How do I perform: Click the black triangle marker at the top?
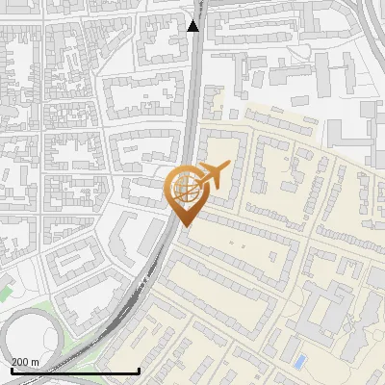tap(193, 25)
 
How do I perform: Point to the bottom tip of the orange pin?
tap(184, 226)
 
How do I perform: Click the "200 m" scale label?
tap(26, 362)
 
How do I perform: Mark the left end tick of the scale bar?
tap(11, 370)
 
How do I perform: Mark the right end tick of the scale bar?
tap(140, 370)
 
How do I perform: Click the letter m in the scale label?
tap(36, 362)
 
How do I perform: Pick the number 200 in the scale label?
tap(20, 362)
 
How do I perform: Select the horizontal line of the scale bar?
tap(75, 371)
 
